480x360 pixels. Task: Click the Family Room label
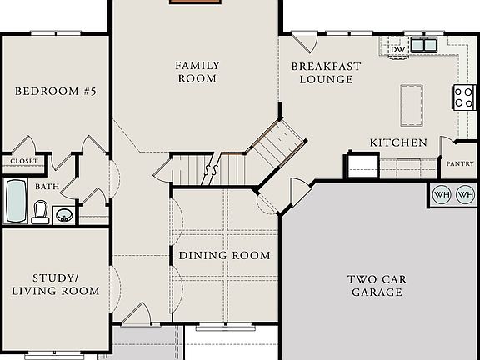click(x=196, y=72)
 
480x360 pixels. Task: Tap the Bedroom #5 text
click(x=57, y=92)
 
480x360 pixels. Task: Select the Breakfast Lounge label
click(x=322, y=72)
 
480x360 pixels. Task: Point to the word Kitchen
click(x=398, y=142)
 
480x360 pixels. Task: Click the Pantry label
click(x=459, y=164)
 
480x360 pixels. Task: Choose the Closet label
click(x=24, y=161)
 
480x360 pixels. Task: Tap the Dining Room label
click(x=225, y=255)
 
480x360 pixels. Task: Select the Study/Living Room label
click(x=56, y=284)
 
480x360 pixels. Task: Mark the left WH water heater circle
click(x=441, y=195)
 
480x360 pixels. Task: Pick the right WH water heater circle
click(x=465, y=195)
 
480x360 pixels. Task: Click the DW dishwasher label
click(x=398, y=49)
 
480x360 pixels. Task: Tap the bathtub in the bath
click(x=16, y=201)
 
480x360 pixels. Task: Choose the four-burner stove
click(x=463, y=97)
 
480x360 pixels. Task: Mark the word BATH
click(x=47, y=187)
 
